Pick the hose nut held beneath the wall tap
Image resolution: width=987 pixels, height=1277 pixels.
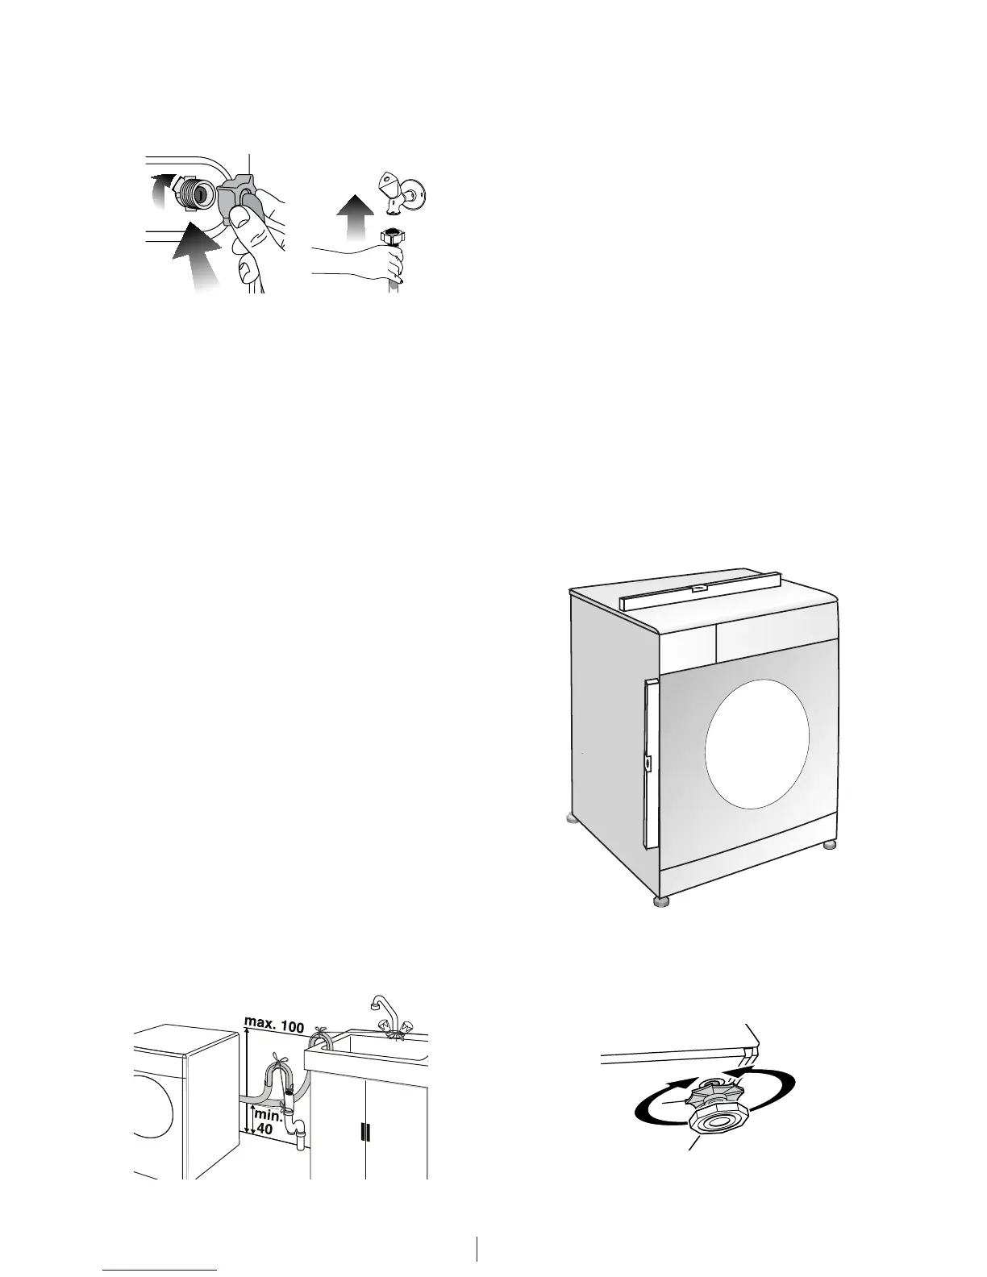(393, 238)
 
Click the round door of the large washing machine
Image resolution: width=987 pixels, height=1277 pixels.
(756, 742)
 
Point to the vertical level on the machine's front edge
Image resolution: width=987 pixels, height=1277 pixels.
(651, 762)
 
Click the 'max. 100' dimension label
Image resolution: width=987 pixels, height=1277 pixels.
(273, 1027)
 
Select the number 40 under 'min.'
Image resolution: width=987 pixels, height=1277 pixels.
(264, 1129)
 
